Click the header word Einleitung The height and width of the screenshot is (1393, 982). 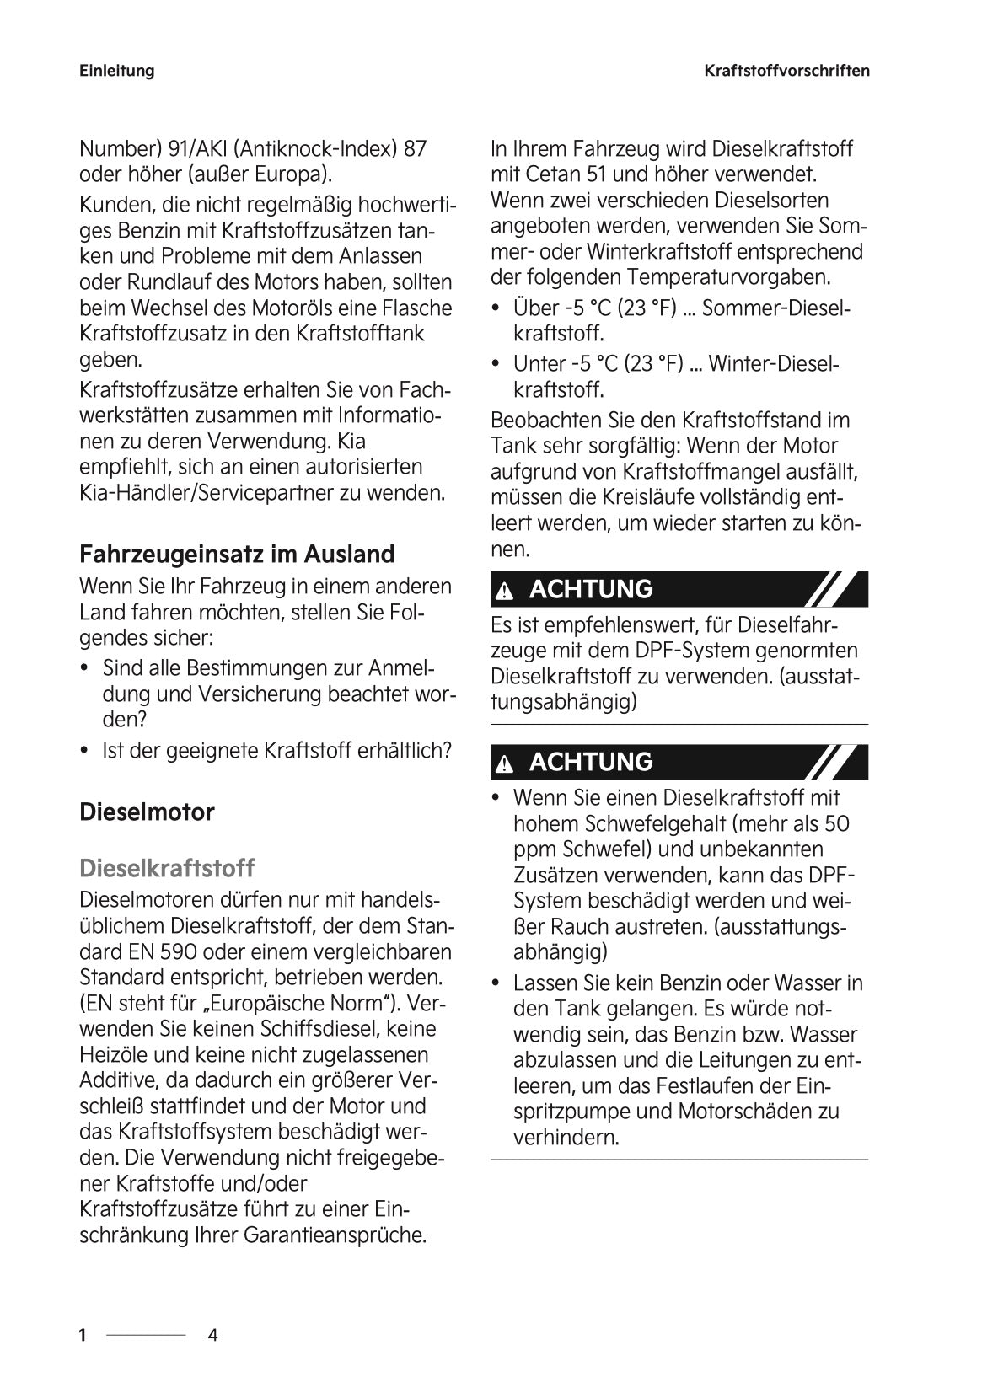(x=116, y=71)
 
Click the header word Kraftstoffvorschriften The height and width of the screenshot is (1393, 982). (x=786, y=71)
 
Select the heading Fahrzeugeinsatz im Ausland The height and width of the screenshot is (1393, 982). (x=237, y=555)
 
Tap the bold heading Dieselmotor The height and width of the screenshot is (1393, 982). (x=147, y=812)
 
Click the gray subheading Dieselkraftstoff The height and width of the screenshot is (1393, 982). (x=167, y=868)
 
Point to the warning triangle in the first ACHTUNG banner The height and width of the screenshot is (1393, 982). (x=505, y=591)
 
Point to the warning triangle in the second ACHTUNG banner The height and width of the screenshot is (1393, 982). (x=505, y=764)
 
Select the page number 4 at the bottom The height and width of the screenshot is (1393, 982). (x=212, y=1335)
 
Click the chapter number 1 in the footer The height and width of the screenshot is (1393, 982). (x=83, y=1335)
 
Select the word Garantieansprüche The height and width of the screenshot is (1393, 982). (x=335, y=1236)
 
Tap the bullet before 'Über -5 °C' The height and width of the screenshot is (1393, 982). (x=496, y=309)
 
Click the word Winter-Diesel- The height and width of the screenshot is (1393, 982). (x=775, y=364)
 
